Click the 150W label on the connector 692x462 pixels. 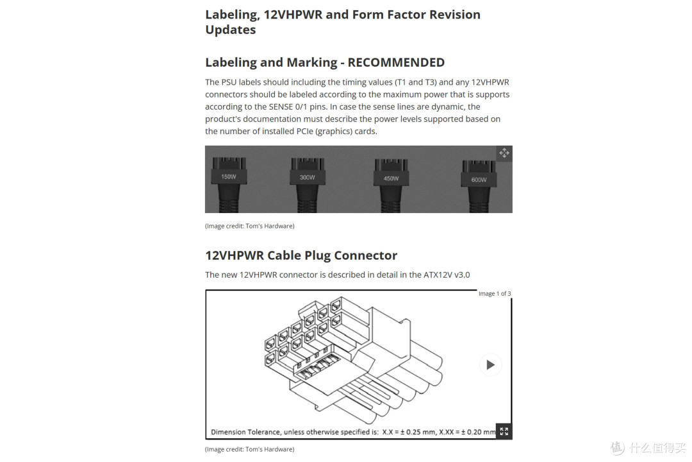pos(229,177)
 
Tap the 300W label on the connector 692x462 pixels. pos(307,177)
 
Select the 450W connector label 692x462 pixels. pos(391,178)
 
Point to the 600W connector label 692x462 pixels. pos(479,180)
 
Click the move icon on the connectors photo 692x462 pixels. pos(504,153)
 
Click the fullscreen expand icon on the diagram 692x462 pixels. pos(504,431)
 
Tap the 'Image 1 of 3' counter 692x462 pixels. pos(495,293)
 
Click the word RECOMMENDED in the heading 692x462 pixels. pos(396,62)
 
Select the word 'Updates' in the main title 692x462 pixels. pos(231,30)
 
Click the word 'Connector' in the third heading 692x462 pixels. pos(366,255)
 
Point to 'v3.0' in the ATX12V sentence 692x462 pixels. pos(462,275)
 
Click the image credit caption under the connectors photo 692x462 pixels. pos(249,226)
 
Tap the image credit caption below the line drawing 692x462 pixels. pos(249,449)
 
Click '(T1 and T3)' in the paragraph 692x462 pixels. pos(415,82)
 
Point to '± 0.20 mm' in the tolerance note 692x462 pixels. pos(479,432)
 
